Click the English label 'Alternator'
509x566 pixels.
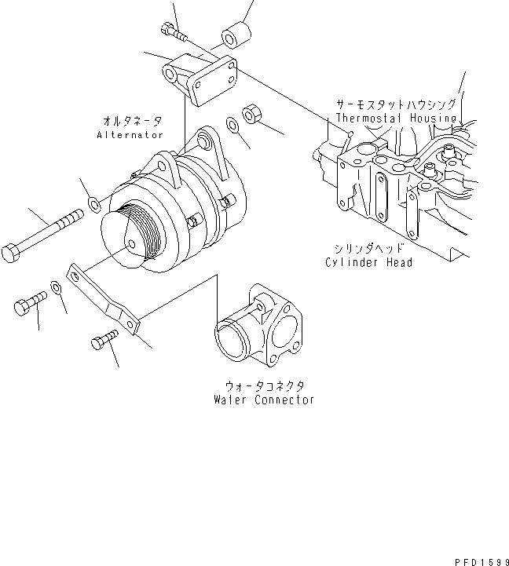click(130, 135)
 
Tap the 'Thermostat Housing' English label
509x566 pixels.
click(396, 118)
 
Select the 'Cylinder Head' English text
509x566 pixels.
click(368, 262)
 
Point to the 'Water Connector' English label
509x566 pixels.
click(264, 400)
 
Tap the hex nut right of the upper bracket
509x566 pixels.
click(253, 114)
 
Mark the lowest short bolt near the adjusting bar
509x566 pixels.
click(104, 341)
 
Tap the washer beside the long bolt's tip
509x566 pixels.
click(93, 206)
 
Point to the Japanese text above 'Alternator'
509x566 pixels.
click(132, 121)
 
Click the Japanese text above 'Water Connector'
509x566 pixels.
click(264, 385)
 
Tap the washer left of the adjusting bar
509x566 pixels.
click(56, 288)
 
